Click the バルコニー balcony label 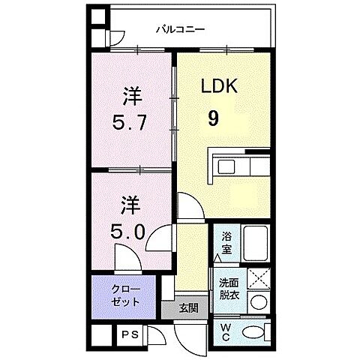[181, 30]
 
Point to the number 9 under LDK [214, 118]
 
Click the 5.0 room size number [129, 230]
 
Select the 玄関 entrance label [187, 307]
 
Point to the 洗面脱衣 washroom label [229, 289]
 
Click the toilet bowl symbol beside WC [256, 331]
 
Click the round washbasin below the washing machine [258, 304]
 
